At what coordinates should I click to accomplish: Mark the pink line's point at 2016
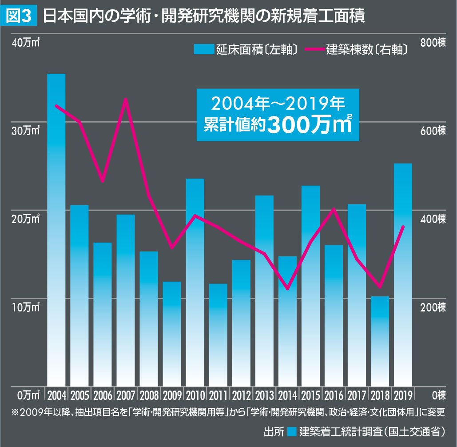point(334,209)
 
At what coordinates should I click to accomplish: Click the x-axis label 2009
point(172,395)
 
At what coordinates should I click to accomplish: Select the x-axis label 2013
point(264,395)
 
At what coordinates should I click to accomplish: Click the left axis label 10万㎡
point(26,307)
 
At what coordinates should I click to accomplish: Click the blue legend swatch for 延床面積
point(203,49)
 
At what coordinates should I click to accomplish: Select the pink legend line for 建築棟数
point(314,49)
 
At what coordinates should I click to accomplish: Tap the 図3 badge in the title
point(19,16)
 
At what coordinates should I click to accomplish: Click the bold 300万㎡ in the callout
point(309,125)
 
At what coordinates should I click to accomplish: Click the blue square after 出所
point(291,431)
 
